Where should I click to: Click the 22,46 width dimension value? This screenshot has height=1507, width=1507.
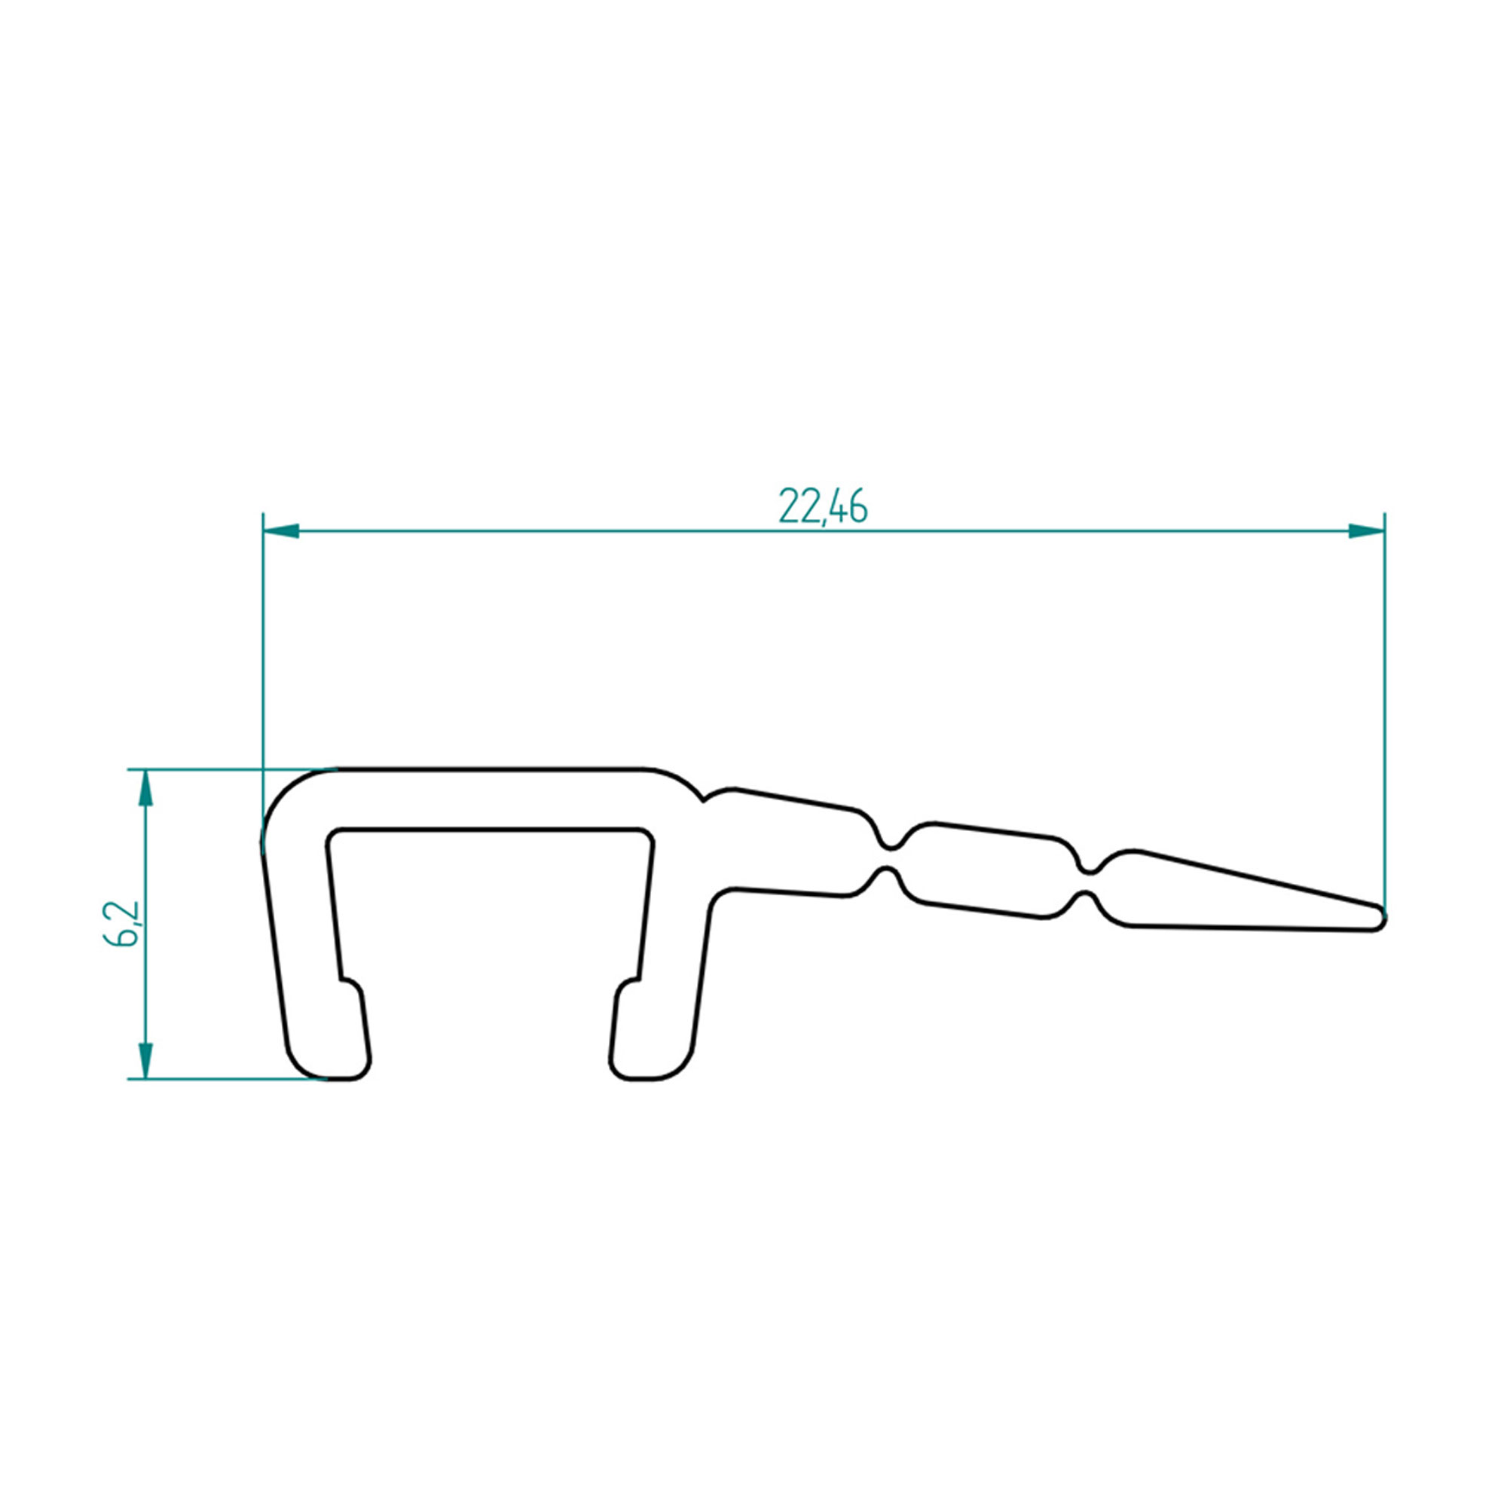pyautogui.click(x=823, y=508)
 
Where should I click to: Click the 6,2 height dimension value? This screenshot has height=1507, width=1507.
pyautogui.click(x=121, y=925)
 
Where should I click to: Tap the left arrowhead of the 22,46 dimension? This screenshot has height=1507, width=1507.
pyautogui.click(x=281, y=531)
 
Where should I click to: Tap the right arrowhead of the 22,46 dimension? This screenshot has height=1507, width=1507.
pyautogui.click(x=1367, y=531)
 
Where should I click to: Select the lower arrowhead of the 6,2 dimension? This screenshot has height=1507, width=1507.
pyautogui.click(x=146, y=1061)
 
